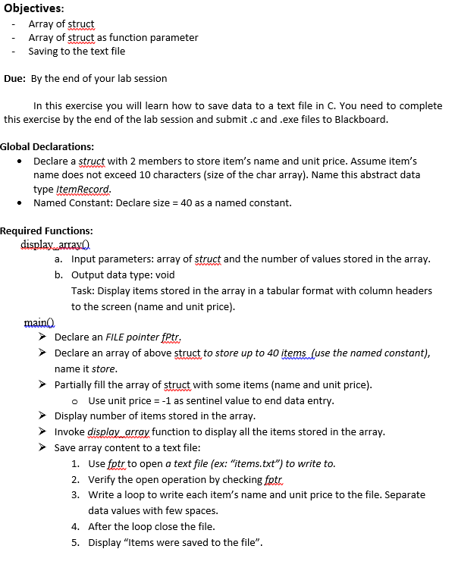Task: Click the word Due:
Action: (15, 78)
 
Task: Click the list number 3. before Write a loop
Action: (76, 494)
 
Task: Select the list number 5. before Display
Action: (76, 542)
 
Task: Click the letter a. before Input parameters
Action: (58, 259)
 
